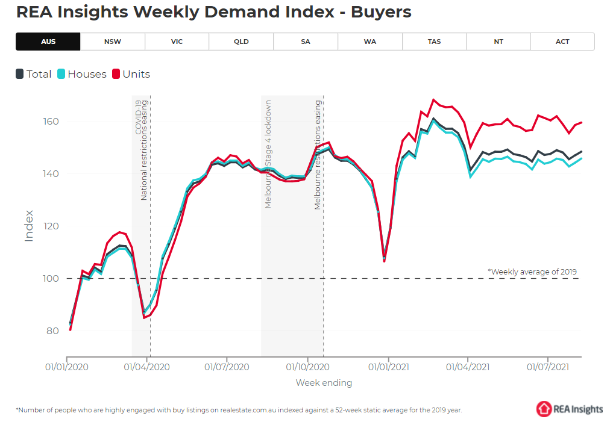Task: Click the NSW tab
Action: click(x=112, y=42)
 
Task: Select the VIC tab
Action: click(x=177, y=42)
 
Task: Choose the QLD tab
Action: click(x=241, y=42)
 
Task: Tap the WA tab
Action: click(x=369, y=42)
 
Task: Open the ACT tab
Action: click(x=562, y=42)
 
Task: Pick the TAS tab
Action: click(x=434, y=42)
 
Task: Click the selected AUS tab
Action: click(x=48, y=42)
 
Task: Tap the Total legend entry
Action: click(x=34, y=74)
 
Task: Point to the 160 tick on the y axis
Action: click(x=51, y=122)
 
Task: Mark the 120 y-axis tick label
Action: click(x=51, y=226)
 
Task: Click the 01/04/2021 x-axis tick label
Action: click(x=468, y=366)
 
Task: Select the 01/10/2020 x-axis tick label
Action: click(x=307, y=366)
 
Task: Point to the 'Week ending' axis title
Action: click(x=324, y=383)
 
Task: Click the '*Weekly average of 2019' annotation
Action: click(x=532, y=271)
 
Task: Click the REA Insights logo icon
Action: click(x=544, y=409)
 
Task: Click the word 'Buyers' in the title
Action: click(x=383, y=11)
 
